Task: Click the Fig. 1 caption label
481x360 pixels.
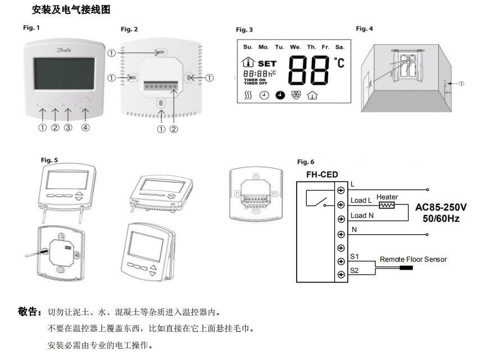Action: coord(31,28)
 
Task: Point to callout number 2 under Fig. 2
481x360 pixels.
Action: coord(174,129)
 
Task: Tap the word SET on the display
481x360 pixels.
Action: coord(267,64)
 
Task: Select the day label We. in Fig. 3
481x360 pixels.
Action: coord(295,47)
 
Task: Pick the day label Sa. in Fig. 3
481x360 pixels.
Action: coord(339,47)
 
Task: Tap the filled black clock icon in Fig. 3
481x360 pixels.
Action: coord(280,95)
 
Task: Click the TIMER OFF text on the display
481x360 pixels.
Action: coord(255,84)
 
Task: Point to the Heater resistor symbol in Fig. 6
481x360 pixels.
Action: coord(387,205)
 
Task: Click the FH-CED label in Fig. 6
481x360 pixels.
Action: coord(322,175)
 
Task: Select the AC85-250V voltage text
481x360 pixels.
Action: coord(441,207)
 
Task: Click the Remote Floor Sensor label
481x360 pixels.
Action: coord(413,259)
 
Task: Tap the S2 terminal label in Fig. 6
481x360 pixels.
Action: coord(354,270)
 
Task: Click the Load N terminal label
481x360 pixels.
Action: coord(362,216)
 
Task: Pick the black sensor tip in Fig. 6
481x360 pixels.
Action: coord(406,268)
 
